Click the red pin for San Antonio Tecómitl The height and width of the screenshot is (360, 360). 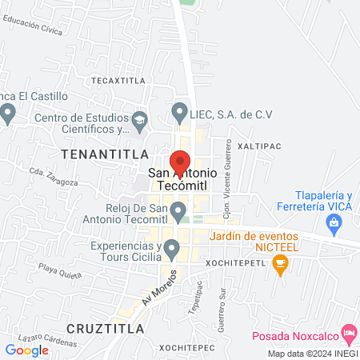pos(180,159)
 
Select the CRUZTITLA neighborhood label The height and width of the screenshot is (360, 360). pos(106,329)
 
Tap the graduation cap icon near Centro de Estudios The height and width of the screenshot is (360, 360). pos(140,121)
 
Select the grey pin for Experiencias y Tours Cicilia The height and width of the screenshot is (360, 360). pos(170,251)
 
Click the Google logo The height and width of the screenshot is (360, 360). pos(27,350)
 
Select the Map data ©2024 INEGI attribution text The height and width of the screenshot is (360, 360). pos(313,354)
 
